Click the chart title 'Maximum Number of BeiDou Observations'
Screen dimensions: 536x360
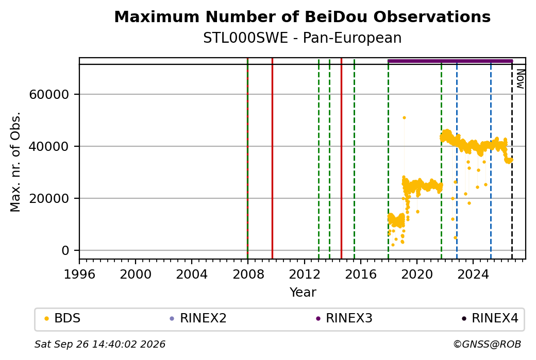(302, 16)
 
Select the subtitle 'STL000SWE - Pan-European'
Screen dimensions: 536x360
(302, 38)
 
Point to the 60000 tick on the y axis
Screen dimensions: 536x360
(49, 95)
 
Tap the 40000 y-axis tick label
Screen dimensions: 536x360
(49, 147)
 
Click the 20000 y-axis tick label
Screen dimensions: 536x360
(49, 198)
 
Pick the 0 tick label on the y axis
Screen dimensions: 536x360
(65, 250)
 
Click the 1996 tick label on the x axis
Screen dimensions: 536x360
(79, 274)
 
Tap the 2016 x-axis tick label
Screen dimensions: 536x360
(361, 274)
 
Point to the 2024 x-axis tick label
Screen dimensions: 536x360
(473, 274)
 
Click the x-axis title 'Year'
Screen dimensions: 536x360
(303, 293)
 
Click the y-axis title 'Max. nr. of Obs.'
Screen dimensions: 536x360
(15, 162)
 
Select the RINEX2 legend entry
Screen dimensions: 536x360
(198, 318)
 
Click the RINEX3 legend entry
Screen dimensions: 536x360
(344, 318)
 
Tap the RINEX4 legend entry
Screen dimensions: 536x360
(490, 318)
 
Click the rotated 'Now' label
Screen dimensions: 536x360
(520, 79)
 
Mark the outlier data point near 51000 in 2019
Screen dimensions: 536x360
(404, 118)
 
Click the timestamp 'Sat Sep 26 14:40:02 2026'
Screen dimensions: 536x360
(100, 344)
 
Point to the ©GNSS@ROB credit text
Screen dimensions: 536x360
(487, 344)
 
